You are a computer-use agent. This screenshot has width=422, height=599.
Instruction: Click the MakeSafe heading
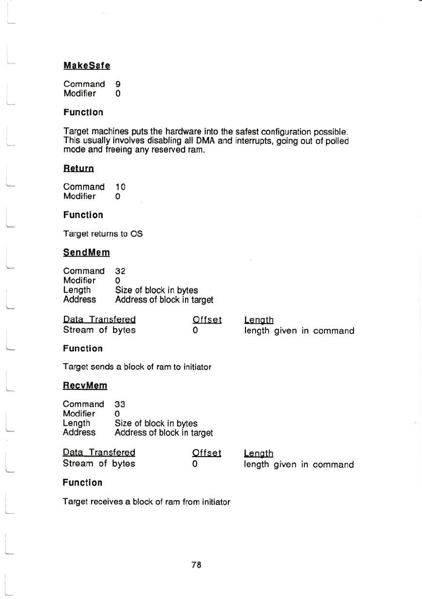[87, 65]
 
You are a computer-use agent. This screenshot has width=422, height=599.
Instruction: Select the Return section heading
[78, 168]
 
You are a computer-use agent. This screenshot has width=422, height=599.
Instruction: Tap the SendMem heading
[86, 252]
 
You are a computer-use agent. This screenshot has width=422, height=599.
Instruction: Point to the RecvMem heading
[85, 386]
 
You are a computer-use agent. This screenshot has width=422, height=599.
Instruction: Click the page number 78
[196, 565]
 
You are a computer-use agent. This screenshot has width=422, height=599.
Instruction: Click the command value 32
[121, 271]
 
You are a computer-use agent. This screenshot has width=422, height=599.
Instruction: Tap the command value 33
[120, 404]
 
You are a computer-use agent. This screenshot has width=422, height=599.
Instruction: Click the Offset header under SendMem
[207, 320]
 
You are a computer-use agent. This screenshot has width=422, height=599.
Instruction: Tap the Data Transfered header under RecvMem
[99, 453]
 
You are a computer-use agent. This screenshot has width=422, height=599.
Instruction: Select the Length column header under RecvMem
[259, 454]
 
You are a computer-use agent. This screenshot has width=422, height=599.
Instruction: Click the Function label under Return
[83, 215]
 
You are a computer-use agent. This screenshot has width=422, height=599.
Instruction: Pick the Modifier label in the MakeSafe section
[79, 94]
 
